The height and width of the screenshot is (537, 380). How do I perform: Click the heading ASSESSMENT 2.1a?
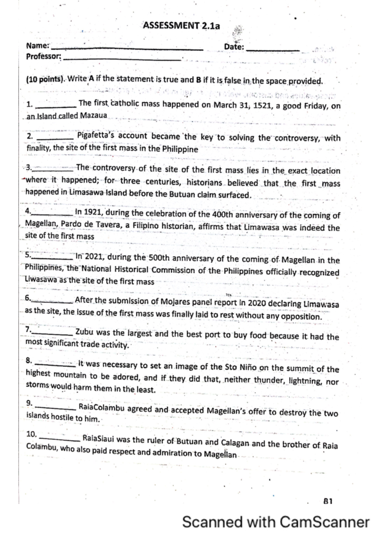(x=181, y=25)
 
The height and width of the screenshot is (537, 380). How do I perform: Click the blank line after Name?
(x=127, y=49)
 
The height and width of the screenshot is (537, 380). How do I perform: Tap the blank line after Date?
(x=272, y=50)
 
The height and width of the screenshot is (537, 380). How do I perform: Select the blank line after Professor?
(x=122, y=59)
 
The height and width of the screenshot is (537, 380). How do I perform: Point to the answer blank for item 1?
(x=56, y=106)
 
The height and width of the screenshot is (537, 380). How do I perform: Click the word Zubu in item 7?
(x=85, y=332)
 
